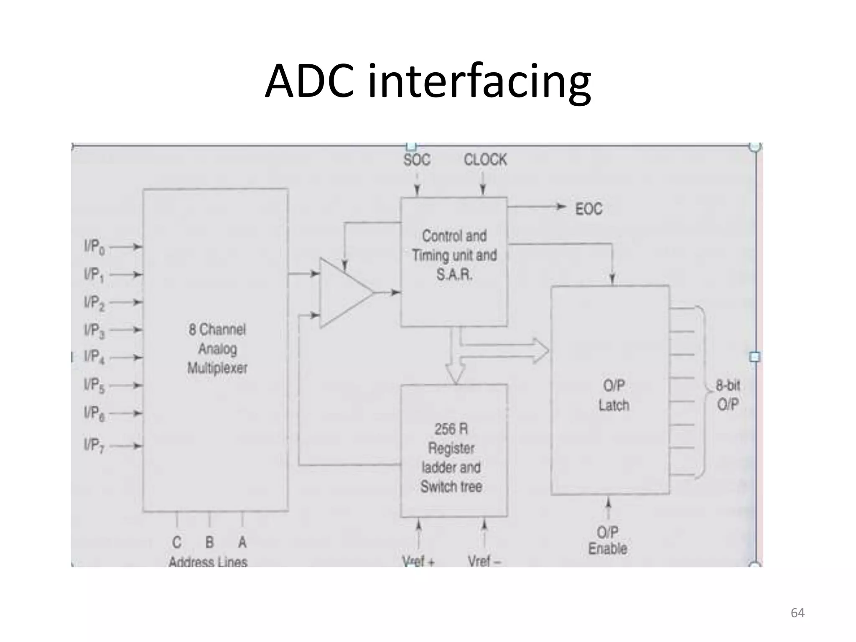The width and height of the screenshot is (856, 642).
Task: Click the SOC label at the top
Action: [417, 160]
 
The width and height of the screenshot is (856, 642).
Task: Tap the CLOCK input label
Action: [485, 160]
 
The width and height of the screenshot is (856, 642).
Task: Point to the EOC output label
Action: [588, 209]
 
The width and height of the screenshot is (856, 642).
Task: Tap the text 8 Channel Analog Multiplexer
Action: [217, 349]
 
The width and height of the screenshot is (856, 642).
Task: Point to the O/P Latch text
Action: [614, 395]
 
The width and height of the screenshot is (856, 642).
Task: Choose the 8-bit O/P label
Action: [728, 395]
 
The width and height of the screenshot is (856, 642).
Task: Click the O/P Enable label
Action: [608, 540]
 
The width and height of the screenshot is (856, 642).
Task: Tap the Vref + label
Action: [418, 561]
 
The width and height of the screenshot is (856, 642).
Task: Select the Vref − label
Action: [484, 561]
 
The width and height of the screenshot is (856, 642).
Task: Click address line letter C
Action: [177, 542]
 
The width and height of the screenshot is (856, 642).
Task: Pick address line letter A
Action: [242, 542]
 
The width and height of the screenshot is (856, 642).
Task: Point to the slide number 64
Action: [797, 613]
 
